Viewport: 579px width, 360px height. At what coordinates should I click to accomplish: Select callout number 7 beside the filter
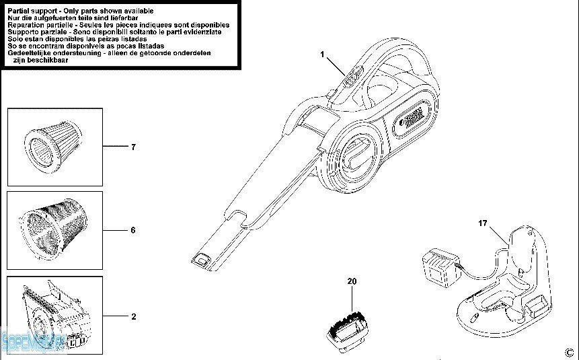(x=133, y=147)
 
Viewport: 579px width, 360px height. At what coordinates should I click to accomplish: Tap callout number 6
(x=133, y=230)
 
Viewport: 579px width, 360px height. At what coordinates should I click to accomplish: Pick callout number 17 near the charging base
(x=482, y=223)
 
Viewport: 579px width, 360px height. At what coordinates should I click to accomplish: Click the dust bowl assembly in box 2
(x=54, y=315)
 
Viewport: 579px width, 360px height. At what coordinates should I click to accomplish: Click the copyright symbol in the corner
(x=570, y=351)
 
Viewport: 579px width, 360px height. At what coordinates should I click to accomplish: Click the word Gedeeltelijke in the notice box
(x=31, y=52)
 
